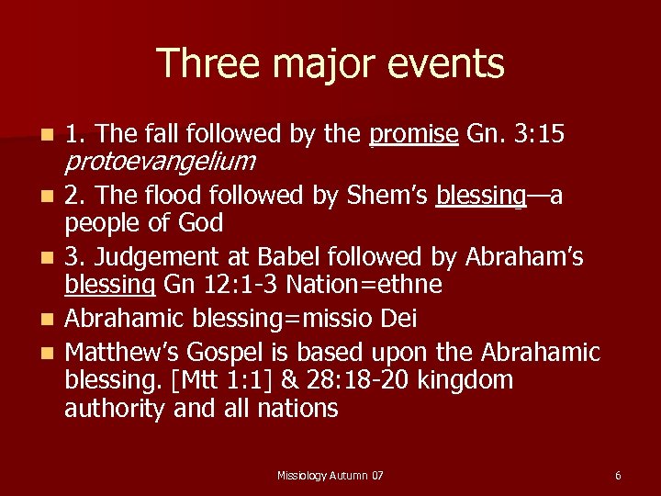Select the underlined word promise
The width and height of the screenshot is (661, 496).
(413, 135)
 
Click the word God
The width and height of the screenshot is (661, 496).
(202, 223)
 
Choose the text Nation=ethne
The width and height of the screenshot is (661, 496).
(364, 285)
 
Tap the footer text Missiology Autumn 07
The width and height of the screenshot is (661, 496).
(330, 475)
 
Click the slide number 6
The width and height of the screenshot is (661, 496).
(618, 475)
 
